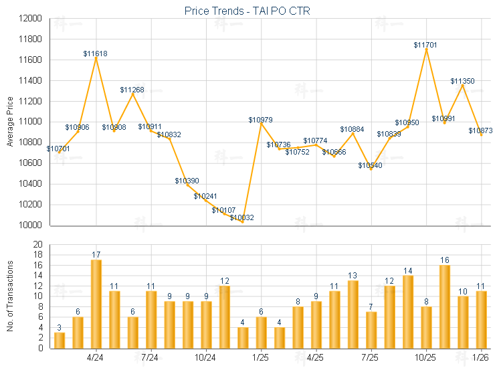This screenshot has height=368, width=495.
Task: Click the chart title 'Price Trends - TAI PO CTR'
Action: pos(248,11)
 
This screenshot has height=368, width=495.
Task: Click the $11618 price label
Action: pos(96,53)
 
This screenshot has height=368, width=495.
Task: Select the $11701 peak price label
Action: pos(425,45)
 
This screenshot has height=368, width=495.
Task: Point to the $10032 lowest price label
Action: pos(242,217)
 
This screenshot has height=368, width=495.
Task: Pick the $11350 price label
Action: pos(462,81)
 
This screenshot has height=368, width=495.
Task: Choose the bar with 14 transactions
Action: pos(407,312)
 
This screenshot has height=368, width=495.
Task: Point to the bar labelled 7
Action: pos(371,330)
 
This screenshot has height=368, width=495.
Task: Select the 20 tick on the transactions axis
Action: pos(37,244)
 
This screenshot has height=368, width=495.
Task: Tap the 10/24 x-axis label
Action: pos(205,357)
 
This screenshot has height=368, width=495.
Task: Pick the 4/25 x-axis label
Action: pos(315,357)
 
